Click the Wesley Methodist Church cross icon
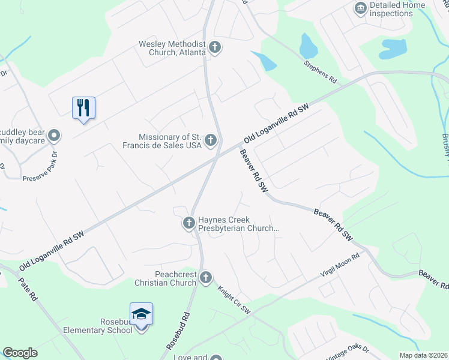pyautogui.click(x=215, y=47)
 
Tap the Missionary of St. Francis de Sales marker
pyautogui.click(x=210, y=140)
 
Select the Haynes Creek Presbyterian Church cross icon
pyautogui.click(x=188, y=223)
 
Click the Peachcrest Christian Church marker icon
pyautogui.click(x=206, y=277)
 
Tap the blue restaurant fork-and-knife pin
pyautogui.click(x=84, y=109)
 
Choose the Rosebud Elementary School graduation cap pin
pyautogui.click(x=142, y=314)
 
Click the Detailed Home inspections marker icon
pyautogui.click(x=361, y=8)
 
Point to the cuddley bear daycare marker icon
pyautogui.click(x=53, y=136)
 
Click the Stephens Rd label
pyautogui.click(x=320, y=71)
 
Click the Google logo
pyautogui.click(x=20, y=353)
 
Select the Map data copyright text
pyautogui.click(x=424, y=355)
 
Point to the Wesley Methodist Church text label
pyautogui.click(x=172, y=47)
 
